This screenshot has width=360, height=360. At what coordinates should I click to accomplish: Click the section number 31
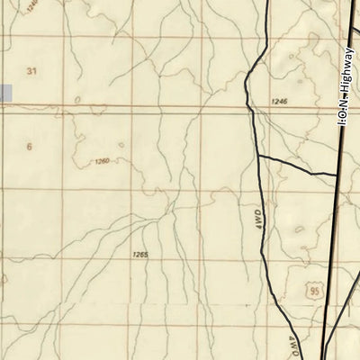click(x=34, y=70)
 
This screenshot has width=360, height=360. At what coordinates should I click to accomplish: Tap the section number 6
click(x=30, y=146)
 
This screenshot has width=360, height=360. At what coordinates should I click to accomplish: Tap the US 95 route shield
click(x=312, y=291)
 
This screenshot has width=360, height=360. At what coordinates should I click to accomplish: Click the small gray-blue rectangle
click(x=5, y=92)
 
